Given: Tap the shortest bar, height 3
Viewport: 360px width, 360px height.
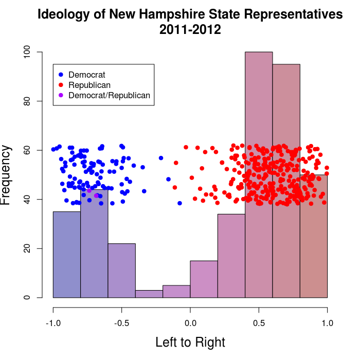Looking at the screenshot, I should (x=149, y=294).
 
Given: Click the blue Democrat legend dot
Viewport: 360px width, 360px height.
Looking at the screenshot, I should (x=61, y=75).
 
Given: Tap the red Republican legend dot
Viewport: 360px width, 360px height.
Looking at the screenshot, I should (x=61, y=85).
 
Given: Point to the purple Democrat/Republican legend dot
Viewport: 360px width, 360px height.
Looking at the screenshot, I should (x=61, y=95).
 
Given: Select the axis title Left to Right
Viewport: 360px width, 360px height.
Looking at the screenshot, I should (x=190, y=342).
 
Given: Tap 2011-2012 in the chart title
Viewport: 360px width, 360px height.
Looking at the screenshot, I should (x=190, y=30).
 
